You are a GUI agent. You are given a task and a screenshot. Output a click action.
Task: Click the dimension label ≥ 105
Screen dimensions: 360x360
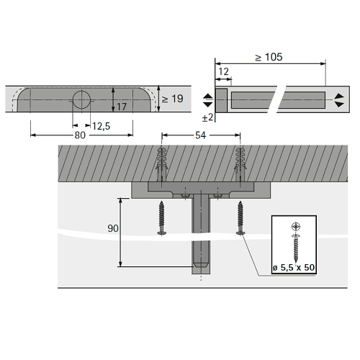click(x=269, y=57)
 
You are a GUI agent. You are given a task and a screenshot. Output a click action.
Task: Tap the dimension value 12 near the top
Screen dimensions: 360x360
click(x=224, y=71)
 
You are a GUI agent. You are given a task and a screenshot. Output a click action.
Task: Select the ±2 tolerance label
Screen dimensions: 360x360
click(x=207, y=117)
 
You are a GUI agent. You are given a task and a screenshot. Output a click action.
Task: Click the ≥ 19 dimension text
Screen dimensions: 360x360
click(x=173, y=99)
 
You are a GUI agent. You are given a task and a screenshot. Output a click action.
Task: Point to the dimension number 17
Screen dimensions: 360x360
click(x=122, y=107)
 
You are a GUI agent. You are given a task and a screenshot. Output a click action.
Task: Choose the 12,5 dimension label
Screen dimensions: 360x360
click(x=102, y=126)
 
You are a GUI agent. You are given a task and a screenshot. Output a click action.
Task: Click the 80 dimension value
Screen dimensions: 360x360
click(x=80, y=135)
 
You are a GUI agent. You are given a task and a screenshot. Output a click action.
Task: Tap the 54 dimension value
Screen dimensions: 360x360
click(x=201, y=135)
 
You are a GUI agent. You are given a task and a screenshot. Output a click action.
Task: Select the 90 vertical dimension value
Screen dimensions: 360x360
click(x=113, y=228)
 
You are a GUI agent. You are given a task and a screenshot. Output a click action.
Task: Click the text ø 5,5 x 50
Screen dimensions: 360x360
click(x=294, y=267)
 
